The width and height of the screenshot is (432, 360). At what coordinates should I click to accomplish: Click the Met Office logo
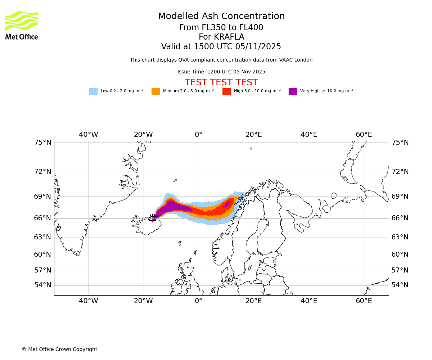(22, 25)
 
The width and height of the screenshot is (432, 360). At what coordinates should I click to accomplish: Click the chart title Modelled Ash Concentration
(221, 17)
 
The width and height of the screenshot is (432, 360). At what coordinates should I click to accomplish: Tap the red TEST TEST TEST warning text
(221, 83)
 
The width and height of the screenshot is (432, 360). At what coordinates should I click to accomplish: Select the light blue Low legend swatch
(93, 91)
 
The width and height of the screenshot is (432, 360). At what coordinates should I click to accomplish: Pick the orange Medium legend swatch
(156, 91)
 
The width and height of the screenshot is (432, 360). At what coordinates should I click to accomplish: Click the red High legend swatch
(226, 91)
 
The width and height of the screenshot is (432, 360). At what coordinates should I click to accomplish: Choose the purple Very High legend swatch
(293, 91)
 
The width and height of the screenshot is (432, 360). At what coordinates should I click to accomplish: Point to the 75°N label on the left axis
(43, 143)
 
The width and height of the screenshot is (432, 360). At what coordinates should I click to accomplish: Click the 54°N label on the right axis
(400, 285)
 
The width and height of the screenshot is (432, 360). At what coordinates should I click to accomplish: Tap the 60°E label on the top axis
(364, 135)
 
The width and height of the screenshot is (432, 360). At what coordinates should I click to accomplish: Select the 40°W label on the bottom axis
(89, 301)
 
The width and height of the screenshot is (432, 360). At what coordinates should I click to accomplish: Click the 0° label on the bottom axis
(198, 301)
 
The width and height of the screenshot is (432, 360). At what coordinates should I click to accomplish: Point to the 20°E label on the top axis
(254, 135)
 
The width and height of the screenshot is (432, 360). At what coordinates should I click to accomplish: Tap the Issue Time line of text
(221, 72)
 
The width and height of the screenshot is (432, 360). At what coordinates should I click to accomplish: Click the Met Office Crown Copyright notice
(59, 350)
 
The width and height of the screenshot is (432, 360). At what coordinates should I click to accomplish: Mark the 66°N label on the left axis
(43, 218)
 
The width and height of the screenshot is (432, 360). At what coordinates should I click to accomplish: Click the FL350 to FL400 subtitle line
(221, 28)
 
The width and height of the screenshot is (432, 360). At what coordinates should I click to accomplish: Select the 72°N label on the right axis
(400, 172)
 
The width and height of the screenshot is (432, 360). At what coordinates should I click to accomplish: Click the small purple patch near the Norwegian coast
(227, 204)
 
